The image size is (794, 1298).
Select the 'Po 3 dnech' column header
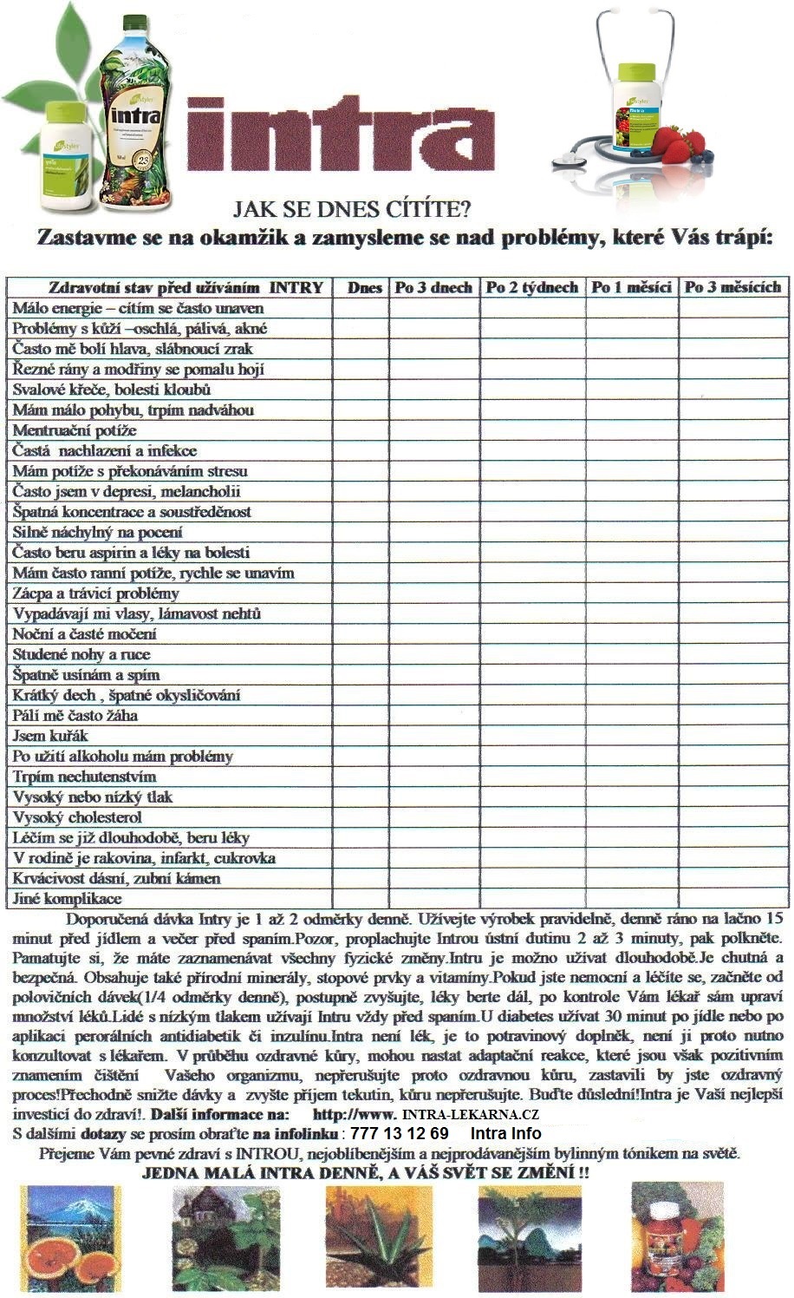(x=433, y=288)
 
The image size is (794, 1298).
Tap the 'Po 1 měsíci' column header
(x=631, y=288)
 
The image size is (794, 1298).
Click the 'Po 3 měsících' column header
(x=733, y=288)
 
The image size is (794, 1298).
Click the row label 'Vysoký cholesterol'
(x=77, y=817)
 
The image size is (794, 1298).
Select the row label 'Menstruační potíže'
(x=75, y=430)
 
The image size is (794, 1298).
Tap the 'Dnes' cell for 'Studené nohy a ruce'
(x=361, y=654)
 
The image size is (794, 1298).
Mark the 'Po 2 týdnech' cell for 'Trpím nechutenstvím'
(x=532, y=777)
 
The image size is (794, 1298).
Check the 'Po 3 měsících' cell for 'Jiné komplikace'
(x=733, y=899)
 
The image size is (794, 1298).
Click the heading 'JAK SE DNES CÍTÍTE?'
(x=352, y=209)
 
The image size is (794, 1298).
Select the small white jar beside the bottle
(x=66, y=156)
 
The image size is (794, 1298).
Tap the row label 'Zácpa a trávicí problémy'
(x=95, y=593)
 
